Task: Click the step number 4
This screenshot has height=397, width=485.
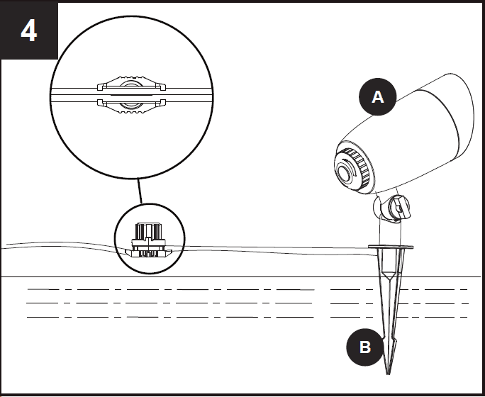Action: click(x=29, y=31)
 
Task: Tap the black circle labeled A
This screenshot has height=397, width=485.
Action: click(x=377, y=97)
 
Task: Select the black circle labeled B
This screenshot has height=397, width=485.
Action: click(x=365, y=347)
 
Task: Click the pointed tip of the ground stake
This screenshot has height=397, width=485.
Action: click(x=388, y=373)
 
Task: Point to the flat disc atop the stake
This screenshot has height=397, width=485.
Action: click(x=391, y=247)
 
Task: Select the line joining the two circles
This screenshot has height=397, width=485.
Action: click(x=140, y=191)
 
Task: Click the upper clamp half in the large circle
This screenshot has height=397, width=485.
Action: click(x=131, y=84)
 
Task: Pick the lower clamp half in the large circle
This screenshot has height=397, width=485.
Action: click(x=131, y=106)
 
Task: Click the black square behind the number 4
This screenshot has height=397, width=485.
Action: click(x=29, y=30)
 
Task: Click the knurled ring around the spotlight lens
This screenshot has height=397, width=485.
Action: click(x=359, y=164)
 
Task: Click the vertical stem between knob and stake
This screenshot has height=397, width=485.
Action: click(x=390, y=231)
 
